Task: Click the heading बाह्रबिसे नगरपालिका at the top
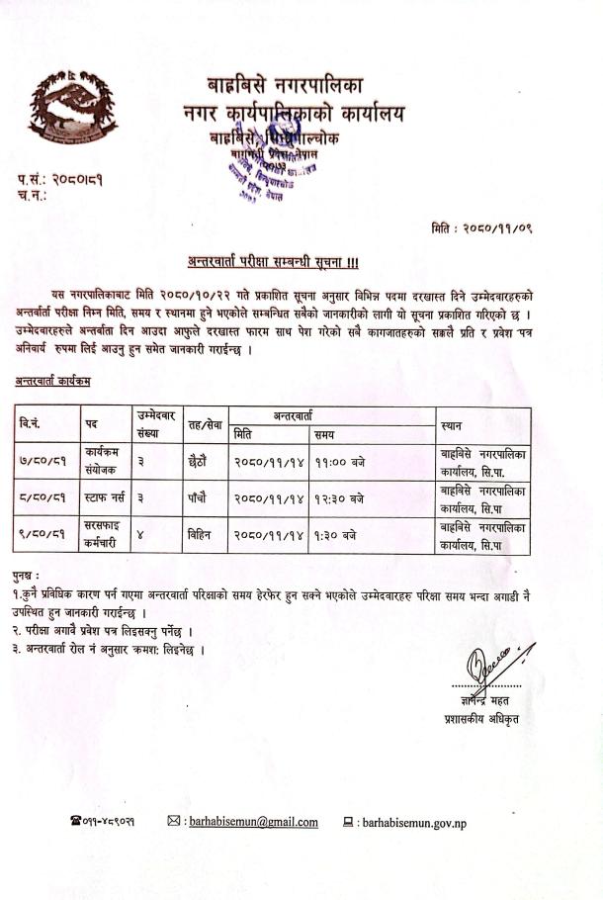point(293,84)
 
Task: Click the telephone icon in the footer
point(75,822)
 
